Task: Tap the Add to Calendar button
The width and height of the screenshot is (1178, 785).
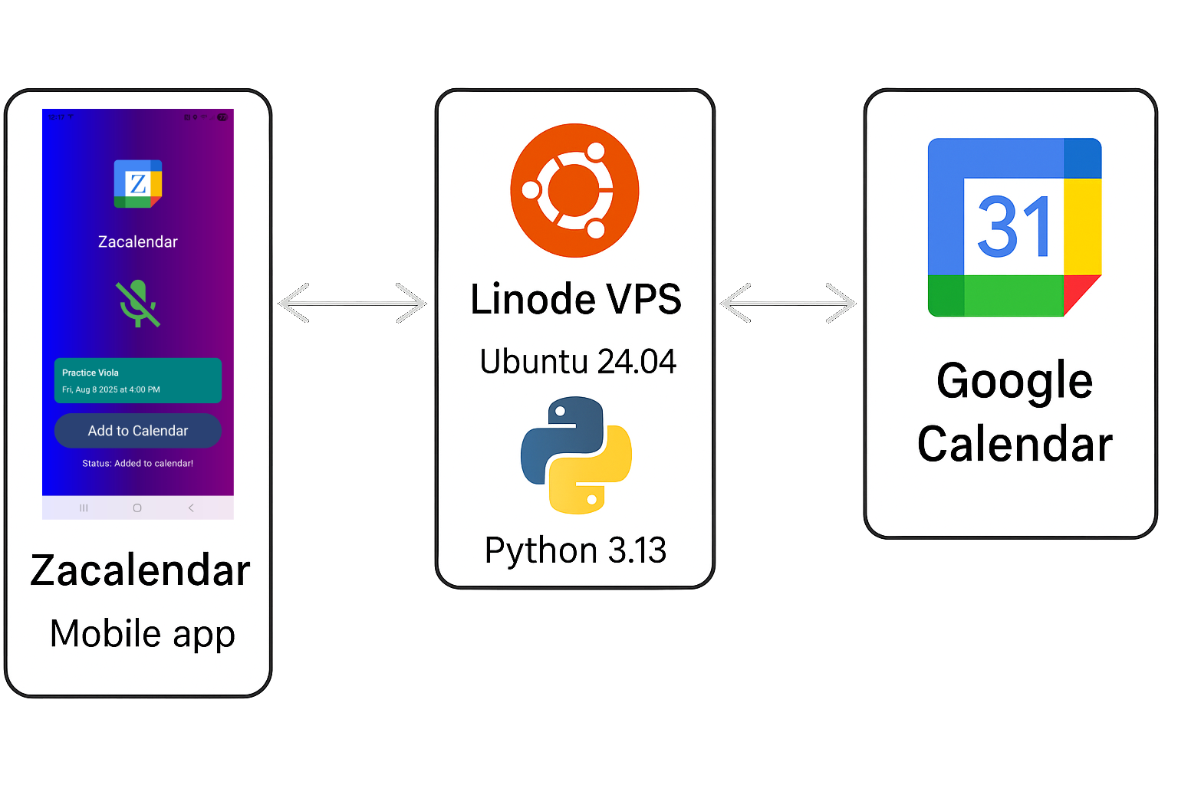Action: pos(138,431)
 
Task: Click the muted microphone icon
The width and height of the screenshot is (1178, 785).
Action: pos(137,304)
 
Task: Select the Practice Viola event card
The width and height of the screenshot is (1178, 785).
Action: pos(138,380)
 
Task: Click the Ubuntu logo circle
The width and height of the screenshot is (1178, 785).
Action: pos(574,190)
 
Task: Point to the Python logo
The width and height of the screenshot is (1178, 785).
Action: pos(576,455)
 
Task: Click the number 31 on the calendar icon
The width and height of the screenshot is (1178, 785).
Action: pos(1013,227)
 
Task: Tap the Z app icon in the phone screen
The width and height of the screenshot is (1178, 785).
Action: pos(138,184)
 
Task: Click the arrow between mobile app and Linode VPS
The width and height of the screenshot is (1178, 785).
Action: pos(352,303)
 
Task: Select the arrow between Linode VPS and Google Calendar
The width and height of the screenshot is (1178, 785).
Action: pos(788,303)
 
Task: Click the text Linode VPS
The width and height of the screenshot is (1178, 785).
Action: pos(575,299)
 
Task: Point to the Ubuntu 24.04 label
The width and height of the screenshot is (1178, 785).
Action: pos(577,362)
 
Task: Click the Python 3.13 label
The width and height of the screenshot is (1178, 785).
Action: pos(575,550)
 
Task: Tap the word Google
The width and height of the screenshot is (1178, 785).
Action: pos(1014,382)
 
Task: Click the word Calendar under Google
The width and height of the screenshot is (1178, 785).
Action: pos(1014,445)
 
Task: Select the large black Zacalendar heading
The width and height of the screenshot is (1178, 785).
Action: pos(140,571)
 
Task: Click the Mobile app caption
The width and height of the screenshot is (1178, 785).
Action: pos(142,634)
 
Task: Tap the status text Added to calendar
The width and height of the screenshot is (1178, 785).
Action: pos(138,464)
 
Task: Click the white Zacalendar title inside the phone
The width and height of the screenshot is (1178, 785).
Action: pos(138,242)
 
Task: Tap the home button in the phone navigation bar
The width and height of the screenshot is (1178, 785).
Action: pos(137,508)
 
